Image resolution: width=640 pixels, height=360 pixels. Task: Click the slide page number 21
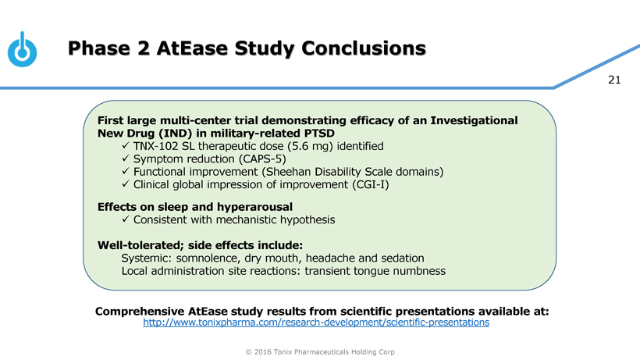tap(613, 80)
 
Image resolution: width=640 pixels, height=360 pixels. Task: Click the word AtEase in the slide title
tap(189, 49)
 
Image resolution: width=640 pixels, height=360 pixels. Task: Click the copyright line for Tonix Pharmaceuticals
tap(319, 351)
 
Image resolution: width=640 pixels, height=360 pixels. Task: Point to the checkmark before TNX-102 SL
tap(127, 146)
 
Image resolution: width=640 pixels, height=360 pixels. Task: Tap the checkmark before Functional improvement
tap(127, 171)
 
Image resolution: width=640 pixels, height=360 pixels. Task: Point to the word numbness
tap(418, 271)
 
